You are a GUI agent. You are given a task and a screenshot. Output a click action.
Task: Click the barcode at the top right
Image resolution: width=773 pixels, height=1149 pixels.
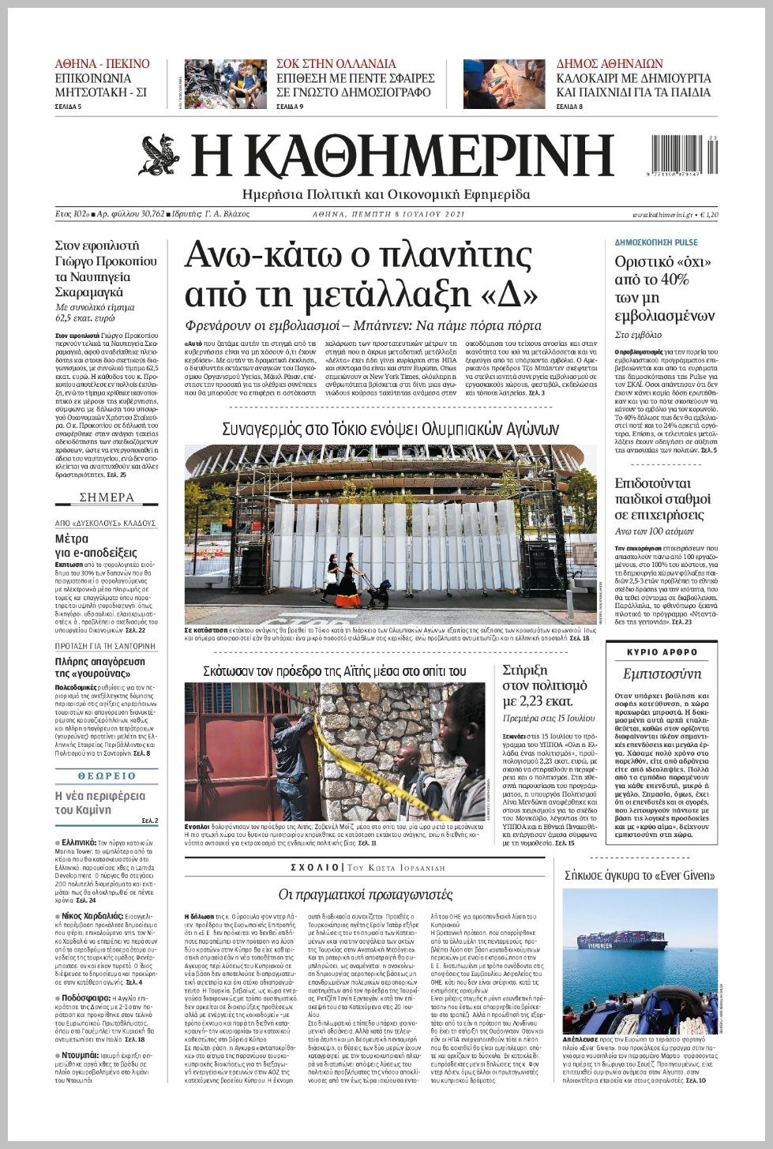[684, 152]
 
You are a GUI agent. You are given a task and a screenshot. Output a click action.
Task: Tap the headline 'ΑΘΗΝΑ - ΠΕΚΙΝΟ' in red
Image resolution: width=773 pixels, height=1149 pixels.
[102, 64]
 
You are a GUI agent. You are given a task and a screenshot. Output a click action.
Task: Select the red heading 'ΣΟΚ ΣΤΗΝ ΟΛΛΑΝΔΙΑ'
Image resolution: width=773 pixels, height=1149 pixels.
[336, 64]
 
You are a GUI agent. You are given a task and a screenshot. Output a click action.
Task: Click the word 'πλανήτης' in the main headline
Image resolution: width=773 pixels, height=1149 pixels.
[456, 256]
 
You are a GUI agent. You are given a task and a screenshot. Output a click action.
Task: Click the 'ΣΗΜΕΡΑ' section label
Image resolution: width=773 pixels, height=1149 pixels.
[107, 498]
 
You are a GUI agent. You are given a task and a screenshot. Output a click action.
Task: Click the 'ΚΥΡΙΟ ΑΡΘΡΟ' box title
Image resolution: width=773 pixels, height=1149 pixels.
[662, 652]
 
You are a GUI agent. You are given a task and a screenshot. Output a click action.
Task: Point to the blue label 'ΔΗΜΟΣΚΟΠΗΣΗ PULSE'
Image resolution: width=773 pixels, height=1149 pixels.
[656, 242]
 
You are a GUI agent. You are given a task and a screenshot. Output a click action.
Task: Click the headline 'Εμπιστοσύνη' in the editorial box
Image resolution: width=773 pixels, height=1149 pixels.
[662, 674]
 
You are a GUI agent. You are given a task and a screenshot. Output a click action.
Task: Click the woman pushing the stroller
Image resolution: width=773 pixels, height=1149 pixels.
[348, 580]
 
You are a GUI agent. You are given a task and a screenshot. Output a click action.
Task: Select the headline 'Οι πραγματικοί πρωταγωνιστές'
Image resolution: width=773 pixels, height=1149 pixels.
[366, 895]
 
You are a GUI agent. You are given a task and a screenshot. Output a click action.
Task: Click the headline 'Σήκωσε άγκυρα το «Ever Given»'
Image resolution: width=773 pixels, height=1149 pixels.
[640, 875]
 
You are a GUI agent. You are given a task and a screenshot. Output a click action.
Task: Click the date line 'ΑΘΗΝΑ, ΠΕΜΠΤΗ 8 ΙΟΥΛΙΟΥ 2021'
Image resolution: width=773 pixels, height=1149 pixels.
[388, 214]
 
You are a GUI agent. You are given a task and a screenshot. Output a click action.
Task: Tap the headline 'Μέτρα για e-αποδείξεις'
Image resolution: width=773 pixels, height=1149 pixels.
[96, 545]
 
